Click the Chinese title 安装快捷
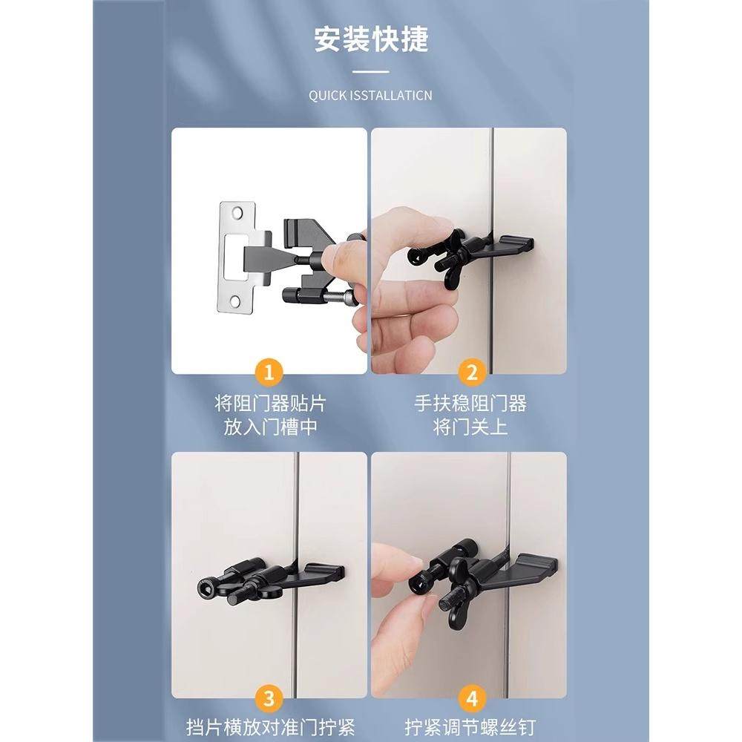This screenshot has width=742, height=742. point(371,39)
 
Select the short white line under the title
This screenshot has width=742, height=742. point(371,72)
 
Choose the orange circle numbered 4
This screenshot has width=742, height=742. point(470,697)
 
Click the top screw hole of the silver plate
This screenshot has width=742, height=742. point(237,213)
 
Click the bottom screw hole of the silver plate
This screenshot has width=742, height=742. point(237,301)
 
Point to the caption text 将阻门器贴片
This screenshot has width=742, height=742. point(269,404)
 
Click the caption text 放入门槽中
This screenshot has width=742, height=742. point(269,428)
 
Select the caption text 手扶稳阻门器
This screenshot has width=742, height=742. point(470,404)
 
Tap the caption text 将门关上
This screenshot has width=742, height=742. point(470,428)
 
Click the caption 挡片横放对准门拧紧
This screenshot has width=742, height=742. point(269,726)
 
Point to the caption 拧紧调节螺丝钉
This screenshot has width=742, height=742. point(470,726)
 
